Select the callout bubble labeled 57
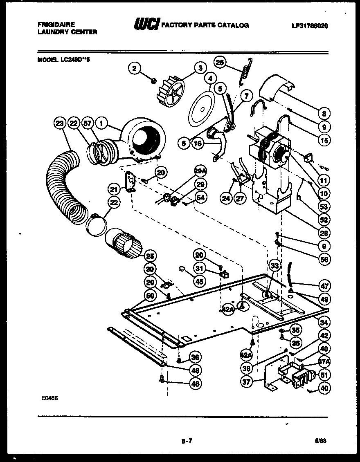tap(87, 123)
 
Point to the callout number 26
tap(220, 62)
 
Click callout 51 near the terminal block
tap(324, 375)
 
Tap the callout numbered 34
tap(324, 323)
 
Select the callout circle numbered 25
tap(150, 256)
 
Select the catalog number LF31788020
tap(310, 25)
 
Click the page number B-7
tap(186, 441)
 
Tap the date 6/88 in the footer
tap(321, 440)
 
